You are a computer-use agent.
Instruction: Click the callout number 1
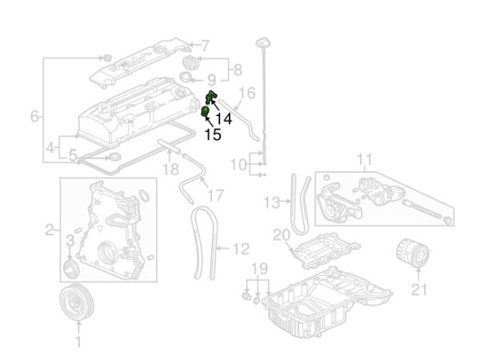78,343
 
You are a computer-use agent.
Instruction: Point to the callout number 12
241,249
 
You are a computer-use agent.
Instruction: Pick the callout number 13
272,202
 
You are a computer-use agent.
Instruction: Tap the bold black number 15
214,136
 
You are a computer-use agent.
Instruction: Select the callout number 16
247,94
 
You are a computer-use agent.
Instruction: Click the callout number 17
216,195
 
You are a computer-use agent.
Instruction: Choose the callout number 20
279,235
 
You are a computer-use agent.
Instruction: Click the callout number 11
365,159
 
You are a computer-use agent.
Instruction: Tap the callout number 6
35,117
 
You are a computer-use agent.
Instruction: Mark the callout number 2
50,230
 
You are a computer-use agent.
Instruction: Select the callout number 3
70,239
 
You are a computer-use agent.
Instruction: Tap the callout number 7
205,45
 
